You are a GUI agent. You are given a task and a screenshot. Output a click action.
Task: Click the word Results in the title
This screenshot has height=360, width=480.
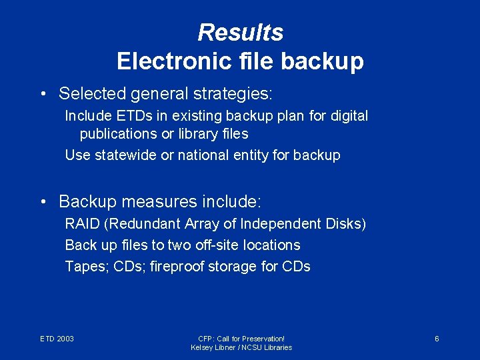[240, 32]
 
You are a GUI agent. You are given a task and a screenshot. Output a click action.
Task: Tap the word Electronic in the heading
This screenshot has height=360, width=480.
[173, 61]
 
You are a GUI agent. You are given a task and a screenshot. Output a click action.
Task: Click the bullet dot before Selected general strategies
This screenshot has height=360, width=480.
[43, 93]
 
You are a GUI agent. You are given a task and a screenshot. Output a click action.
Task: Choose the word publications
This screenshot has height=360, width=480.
[117, 134]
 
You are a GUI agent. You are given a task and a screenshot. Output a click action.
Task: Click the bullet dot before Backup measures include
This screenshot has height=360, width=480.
[43, 201]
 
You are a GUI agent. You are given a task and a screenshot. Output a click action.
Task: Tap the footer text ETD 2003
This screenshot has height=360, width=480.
[57, 339]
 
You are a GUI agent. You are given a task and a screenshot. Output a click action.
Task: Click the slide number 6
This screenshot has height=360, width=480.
[437, 339]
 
